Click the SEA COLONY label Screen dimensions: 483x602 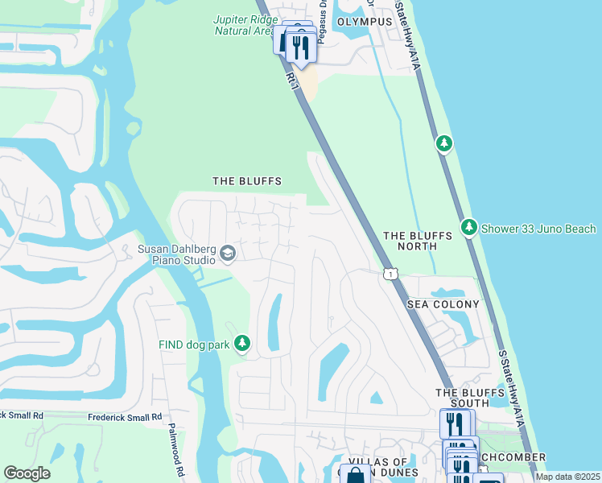pyautogui.click(x=443, y=304)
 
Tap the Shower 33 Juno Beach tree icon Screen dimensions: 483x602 pyautogui.click(x=469, y=228)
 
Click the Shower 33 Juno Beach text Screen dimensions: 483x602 pyautogui.click(x=538, y=229)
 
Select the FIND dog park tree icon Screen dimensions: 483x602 pyautogui.click(x=241, y=345)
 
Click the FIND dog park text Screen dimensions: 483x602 pyautogui.click(x=192, y=345)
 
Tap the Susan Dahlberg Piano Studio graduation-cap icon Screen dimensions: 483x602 pyautogui.click(x=227, y=254)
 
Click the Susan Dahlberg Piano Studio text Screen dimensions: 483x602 pyautogui.click(x=176, y=254)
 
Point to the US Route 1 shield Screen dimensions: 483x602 pyautogui.click(x=390, y=275)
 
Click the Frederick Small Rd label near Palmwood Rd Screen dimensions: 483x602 pyautogui.click(x=121, y=417)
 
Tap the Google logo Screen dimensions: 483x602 pyautogui.click(x=27, y=473)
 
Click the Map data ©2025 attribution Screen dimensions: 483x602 pyautogui.click(x=567, y=477)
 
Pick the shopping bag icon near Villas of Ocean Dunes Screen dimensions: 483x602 pyautogui.click(x=354, y=476)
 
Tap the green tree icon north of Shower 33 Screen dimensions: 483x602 pyautogui.click(x=443, y=143)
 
